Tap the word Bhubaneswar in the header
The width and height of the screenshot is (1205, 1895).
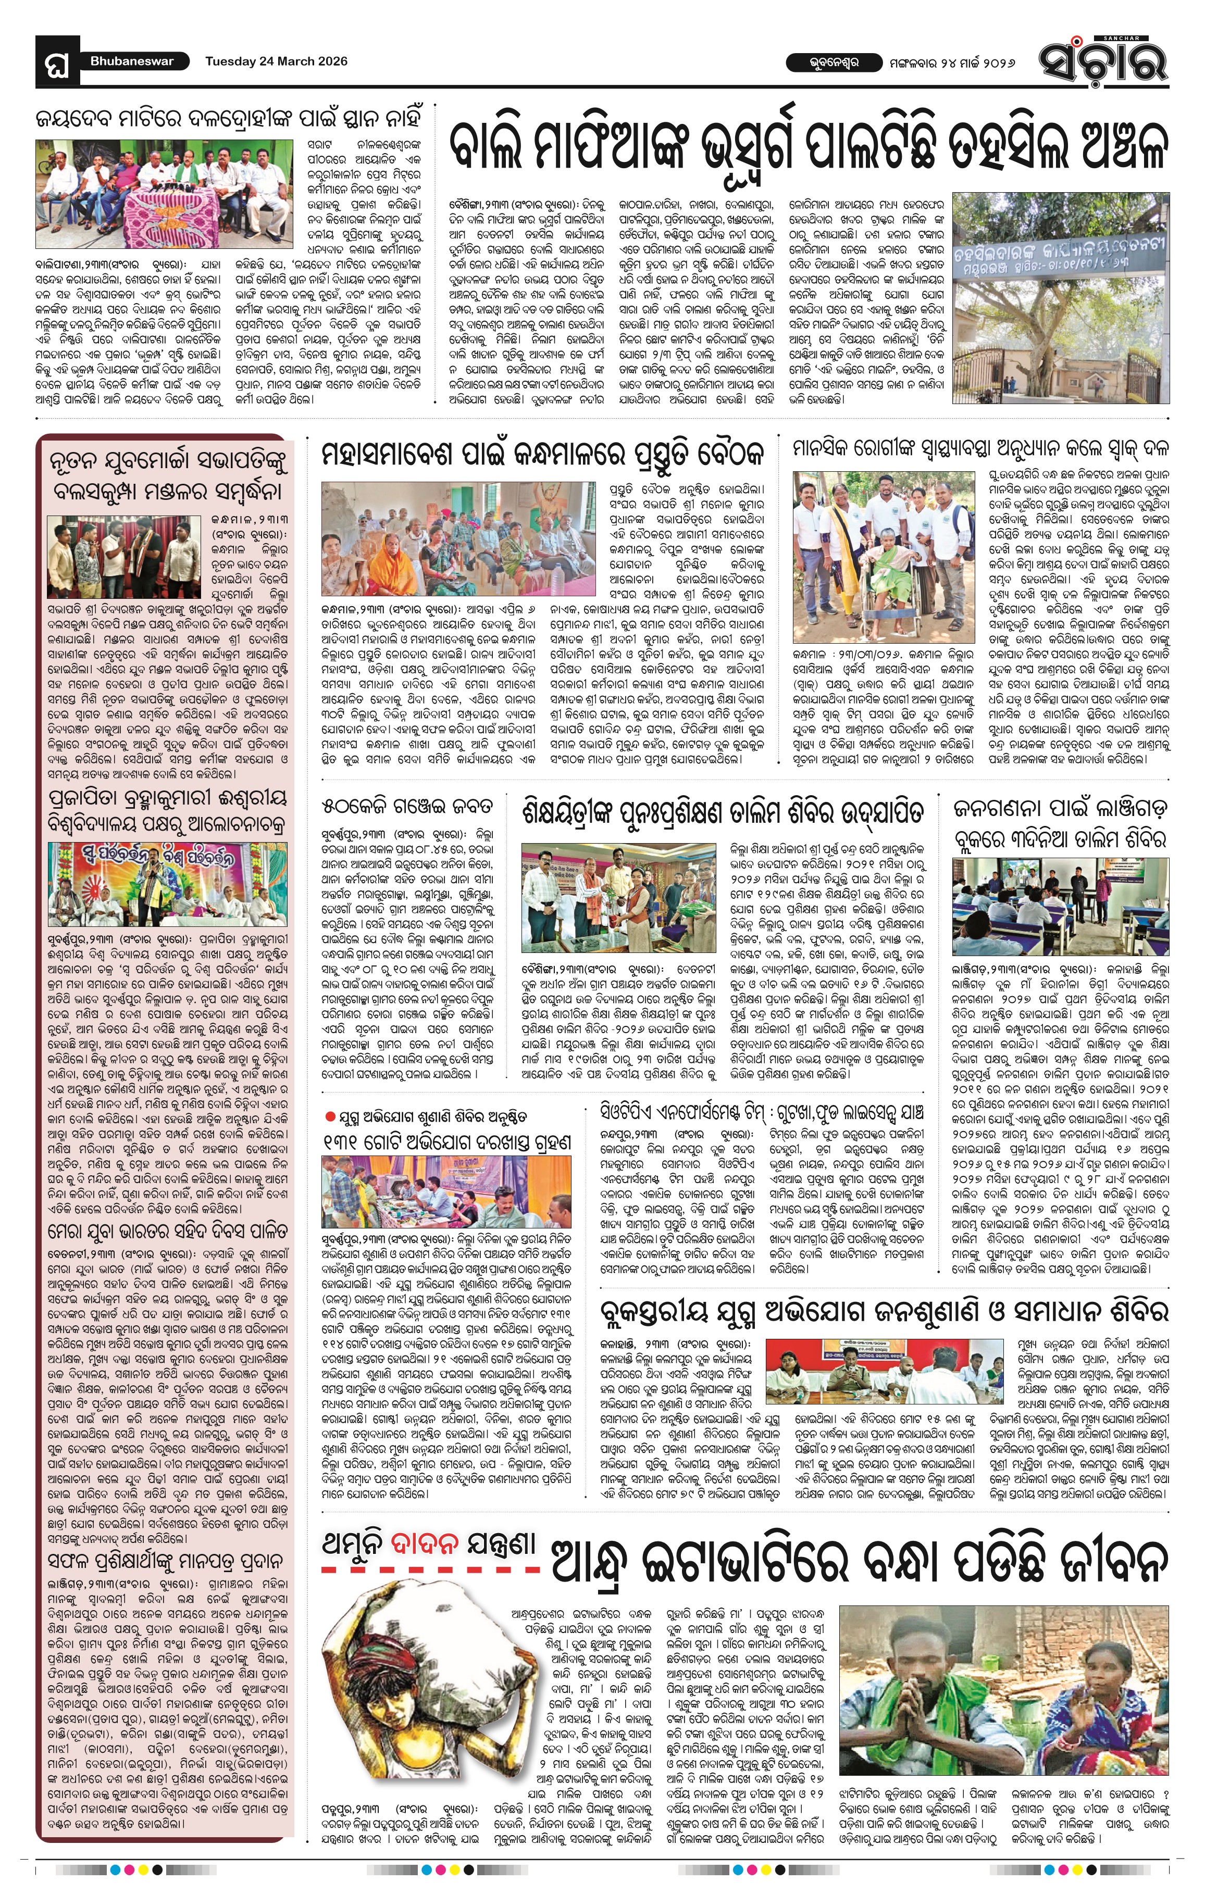click(131, 60)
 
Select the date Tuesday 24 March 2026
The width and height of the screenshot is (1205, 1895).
click(276, 60)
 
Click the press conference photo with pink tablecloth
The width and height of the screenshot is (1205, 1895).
click(163, 194)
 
